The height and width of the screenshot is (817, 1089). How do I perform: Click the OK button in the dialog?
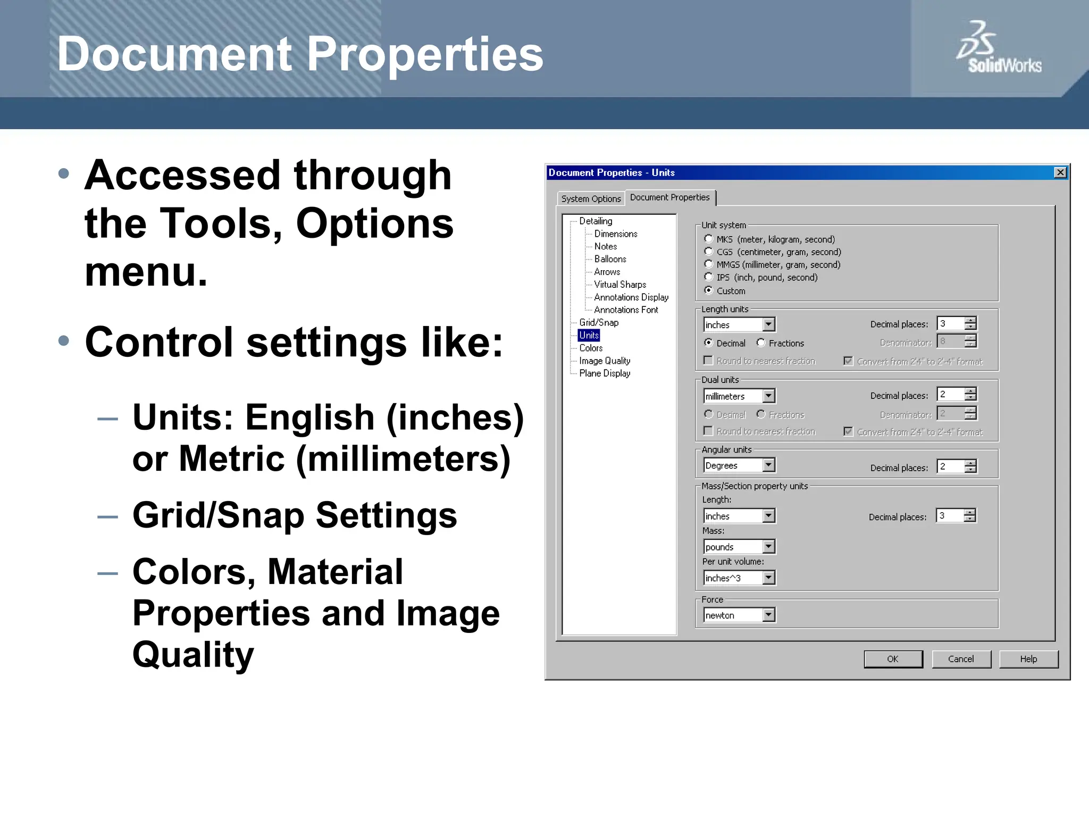click(893, 659)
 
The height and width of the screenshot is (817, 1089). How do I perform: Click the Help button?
click(1028, 659)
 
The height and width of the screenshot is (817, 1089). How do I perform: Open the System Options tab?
click(591, 199)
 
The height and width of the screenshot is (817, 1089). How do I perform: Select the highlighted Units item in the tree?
click(589, 335)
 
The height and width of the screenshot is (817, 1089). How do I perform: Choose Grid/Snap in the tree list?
click(599, 322)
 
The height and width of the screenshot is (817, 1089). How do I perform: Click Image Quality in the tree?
click(605, 361)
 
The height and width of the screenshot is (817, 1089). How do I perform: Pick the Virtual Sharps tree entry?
click(620, 285)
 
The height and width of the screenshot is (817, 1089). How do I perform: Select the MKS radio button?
click(708, 239)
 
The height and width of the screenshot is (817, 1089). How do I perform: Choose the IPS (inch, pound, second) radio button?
click(708, 277)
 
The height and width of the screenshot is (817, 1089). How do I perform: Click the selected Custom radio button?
click(708, 290)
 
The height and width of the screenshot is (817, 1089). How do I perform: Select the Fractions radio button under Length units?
click(761, 343)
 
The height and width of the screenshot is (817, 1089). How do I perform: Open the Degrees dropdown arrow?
click(768, 465)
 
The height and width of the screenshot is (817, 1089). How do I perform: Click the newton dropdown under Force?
click(739, 615)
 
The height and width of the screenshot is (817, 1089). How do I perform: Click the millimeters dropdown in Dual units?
click(739, 396)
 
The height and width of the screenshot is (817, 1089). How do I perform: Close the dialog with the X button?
click(1060, 172)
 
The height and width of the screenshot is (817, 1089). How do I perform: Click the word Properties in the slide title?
click(425, 54)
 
